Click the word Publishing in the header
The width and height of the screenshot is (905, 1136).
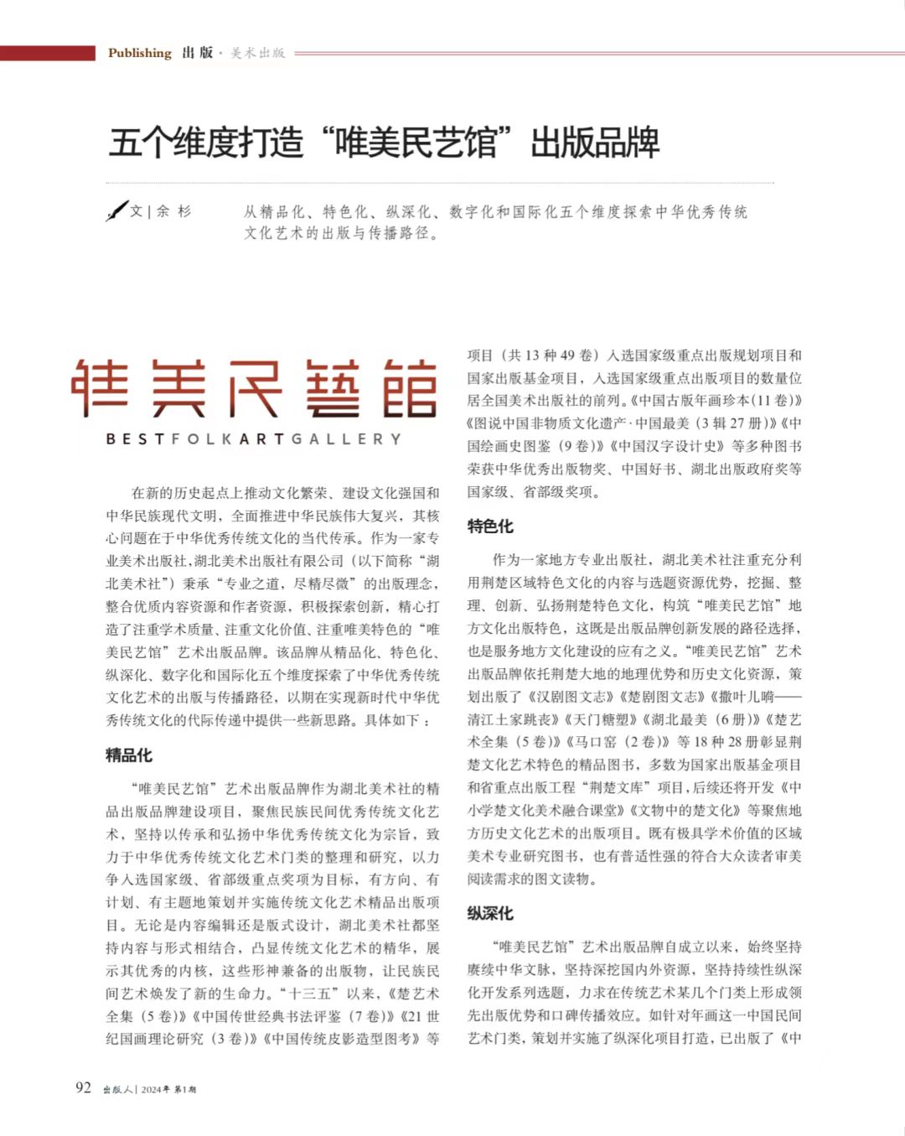point(139,53)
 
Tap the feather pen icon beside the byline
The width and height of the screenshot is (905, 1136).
point(116,210)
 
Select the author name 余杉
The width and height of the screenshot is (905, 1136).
point(173,211)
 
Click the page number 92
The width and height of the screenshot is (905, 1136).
point(83,1088)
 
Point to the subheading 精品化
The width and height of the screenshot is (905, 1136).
point(129,755)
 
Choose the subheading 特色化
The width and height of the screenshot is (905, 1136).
point(490,526)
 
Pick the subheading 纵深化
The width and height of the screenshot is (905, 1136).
point(490,913)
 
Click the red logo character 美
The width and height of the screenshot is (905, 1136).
point(178,388)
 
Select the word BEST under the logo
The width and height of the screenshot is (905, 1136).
point(135,438)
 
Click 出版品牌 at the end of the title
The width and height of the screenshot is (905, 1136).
point(595,143)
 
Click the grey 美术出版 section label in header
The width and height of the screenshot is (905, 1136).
point(258,53)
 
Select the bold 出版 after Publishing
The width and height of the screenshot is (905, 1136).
point(198,53)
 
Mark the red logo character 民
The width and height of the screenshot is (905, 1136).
point(256,388)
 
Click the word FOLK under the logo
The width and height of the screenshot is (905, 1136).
point(199,438)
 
